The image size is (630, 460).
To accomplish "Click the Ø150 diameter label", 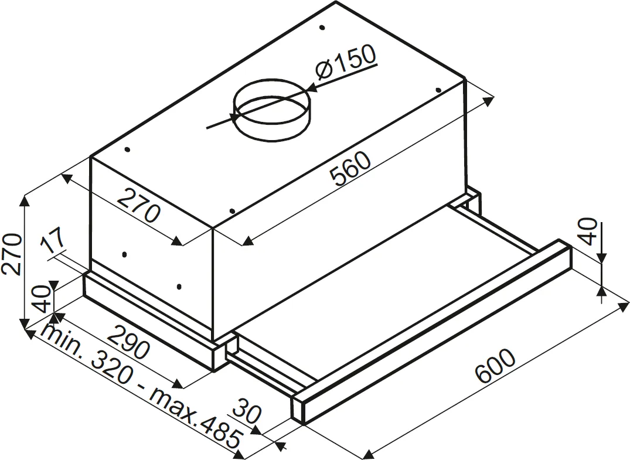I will click(x=345, y=64).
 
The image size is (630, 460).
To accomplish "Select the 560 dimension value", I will click(x=350, y=170).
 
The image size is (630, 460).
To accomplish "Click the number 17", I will click(x=54, y=243).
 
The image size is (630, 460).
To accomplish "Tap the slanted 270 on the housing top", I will click(x=138, y=205).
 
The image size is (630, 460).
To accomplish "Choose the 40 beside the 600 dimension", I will click(x=589, y=231).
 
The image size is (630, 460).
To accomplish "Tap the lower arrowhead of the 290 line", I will click(x=181, y=384).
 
